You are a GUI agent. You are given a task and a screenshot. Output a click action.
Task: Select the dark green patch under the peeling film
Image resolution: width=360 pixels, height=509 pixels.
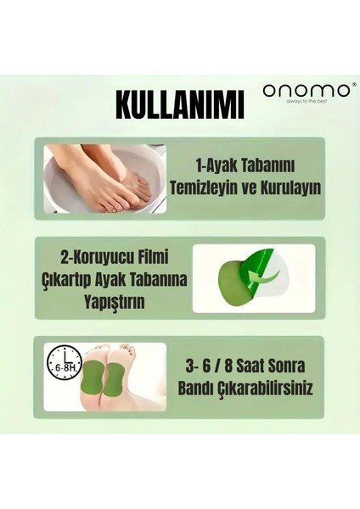pos(233,284)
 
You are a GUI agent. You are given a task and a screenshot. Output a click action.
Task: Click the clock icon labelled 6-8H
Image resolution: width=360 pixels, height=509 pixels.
pos(64,364)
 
